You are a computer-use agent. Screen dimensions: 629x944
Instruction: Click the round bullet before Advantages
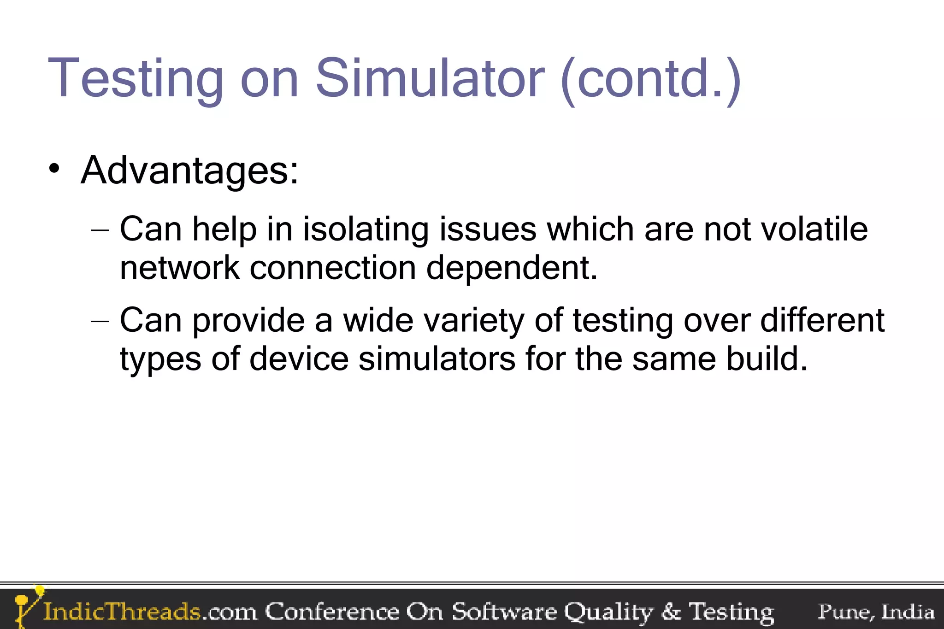click(x=54, y=169)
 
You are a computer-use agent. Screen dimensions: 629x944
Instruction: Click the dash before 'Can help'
click(x=100, y=229)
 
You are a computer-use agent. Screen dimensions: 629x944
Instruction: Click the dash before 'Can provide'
click(x=100, y=320)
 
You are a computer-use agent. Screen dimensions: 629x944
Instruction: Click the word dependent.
click(x=512, y=268)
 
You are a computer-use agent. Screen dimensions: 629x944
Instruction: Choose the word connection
click(x=333, y=268)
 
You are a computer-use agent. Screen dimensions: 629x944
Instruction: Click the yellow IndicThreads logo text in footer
click(x=122, y=611)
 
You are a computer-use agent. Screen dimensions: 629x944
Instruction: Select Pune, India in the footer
click(x=876, y=611)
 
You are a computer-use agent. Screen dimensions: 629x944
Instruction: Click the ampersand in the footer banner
click(x=671, y=611)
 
